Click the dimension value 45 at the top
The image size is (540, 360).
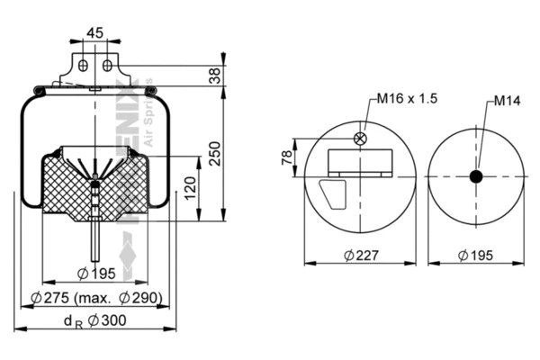94,32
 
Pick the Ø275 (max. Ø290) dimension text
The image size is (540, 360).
94,298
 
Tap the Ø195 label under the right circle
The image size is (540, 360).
477,255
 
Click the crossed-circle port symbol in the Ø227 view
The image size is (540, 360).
361,139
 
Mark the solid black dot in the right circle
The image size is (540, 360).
477,177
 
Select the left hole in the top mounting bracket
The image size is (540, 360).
83,66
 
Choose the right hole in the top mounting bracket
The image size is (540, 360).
106,66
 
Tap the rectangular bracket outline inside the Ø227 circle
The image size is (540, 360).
360,162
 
